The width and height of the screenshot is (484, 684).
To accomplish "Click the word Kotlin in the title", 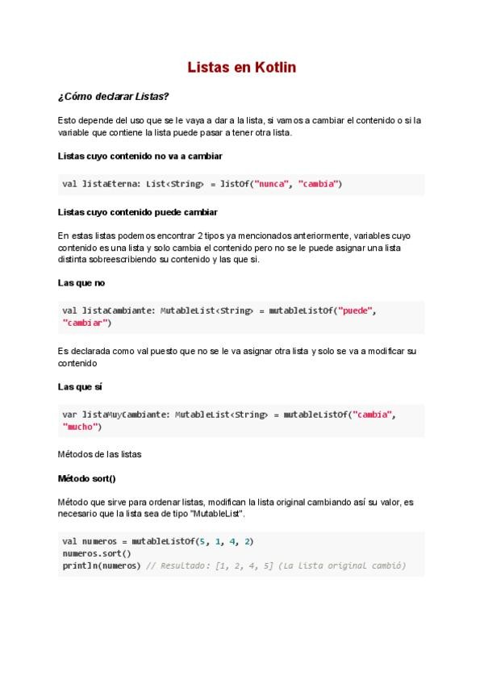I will click(275, 68).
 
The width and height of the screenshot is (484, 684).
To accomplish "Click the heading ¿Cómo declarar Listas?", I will click(114, 96).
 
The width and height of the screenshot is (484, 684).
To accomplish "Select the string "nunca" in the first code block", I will click(273, 184).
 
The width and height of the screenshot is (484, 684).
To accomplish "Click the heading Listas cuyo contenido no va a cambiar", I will click(140, 155).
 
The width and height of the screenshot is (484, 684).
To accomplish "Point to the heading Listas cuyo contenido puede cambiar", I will click(137, 212).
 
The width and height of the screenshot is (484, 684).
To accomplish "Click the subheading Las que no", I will click(81, 283).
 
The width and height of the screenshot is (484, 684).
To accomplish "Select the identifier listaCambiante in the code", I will click(119, 311).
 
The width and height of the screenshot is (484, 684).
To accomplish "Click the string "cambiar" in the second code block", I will click(86, 323).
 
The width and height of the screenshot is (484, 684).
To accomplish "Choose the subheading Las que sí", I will click(80, 387).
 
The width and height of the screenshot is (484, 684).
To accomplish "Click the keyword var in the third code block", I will click(69, 415).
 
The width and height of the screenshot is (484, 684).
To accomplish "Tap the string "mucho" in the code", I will click(81, 427).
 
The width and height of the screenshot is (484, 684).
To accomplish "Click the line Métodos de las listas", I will click(99, 454).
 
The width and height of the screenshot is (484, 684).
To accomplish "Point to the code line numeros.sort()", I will click(96, 554).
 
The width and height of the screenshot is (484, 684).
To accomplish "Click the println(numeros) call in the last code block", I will click(101, 566).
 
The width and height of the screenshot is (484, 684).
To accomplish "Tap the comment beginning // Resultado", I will click(275, 566).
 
